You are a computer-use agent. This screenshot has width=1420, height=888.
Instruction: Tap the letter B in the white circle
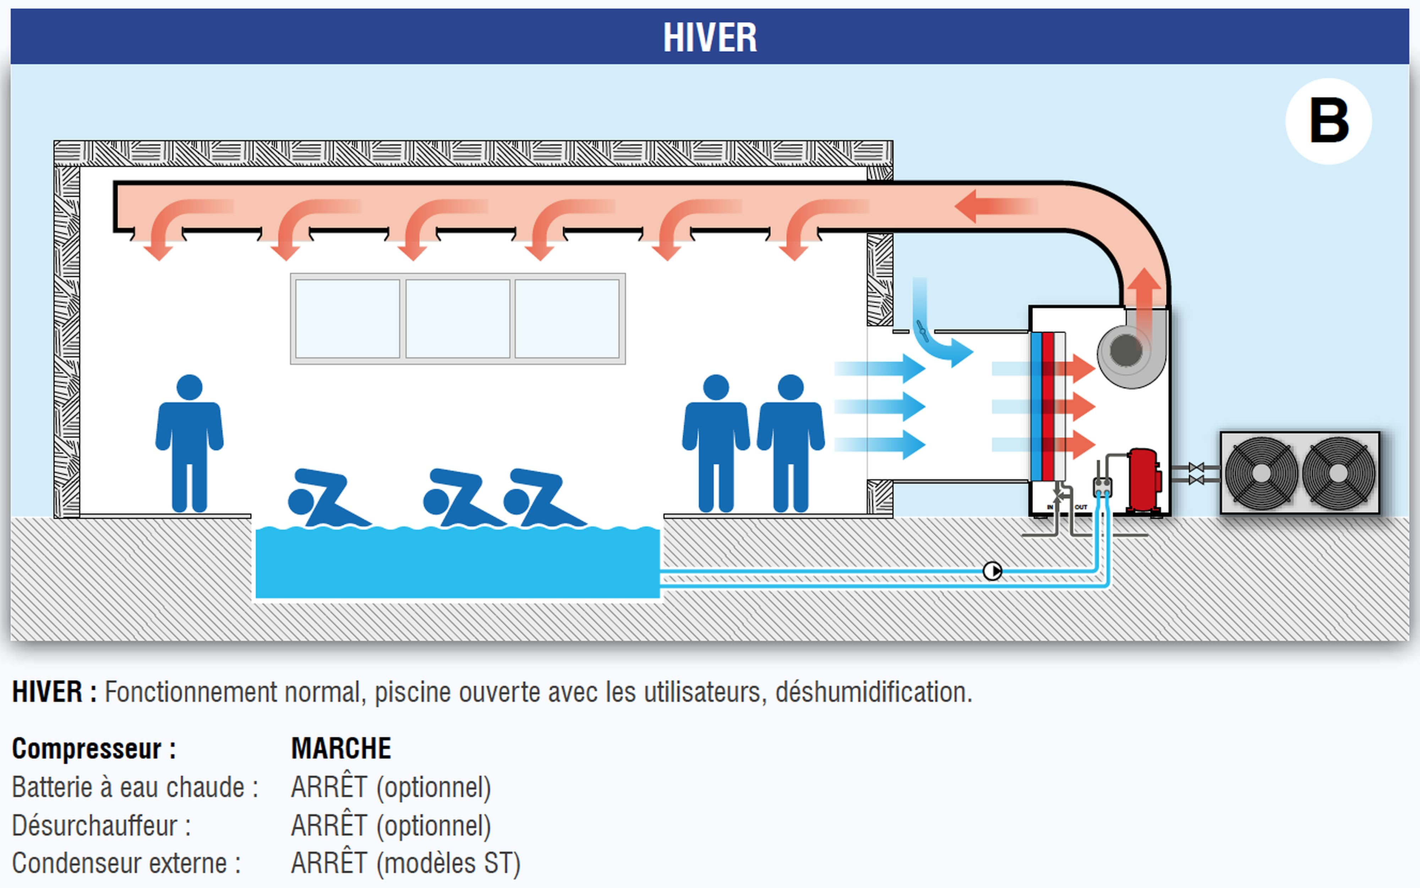click(x=1328, y=121)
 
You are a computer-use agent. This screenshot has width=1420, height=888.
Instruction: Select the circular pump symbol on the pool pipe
click(x=992, y=571)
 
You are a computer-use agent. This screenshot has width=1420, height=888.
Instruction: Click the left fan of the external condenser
click(x=1261, y=473)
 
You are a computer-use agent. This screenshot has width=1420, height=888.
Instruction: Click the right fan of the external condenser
click(x=1338, y=473)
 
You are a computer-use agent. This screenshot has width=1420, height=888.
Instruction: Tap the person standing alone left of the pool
click(x=189, y=443)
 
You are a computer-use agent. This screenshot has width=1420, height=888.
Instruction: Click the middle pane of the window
click(x=458, y=318)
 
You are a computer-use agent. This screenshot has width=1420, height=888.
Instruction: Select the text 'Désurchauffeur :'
click(x=101, y=826)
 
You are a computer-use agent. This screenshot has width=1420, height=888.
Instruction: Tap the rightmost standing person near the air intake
click(x=791, y=443)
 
